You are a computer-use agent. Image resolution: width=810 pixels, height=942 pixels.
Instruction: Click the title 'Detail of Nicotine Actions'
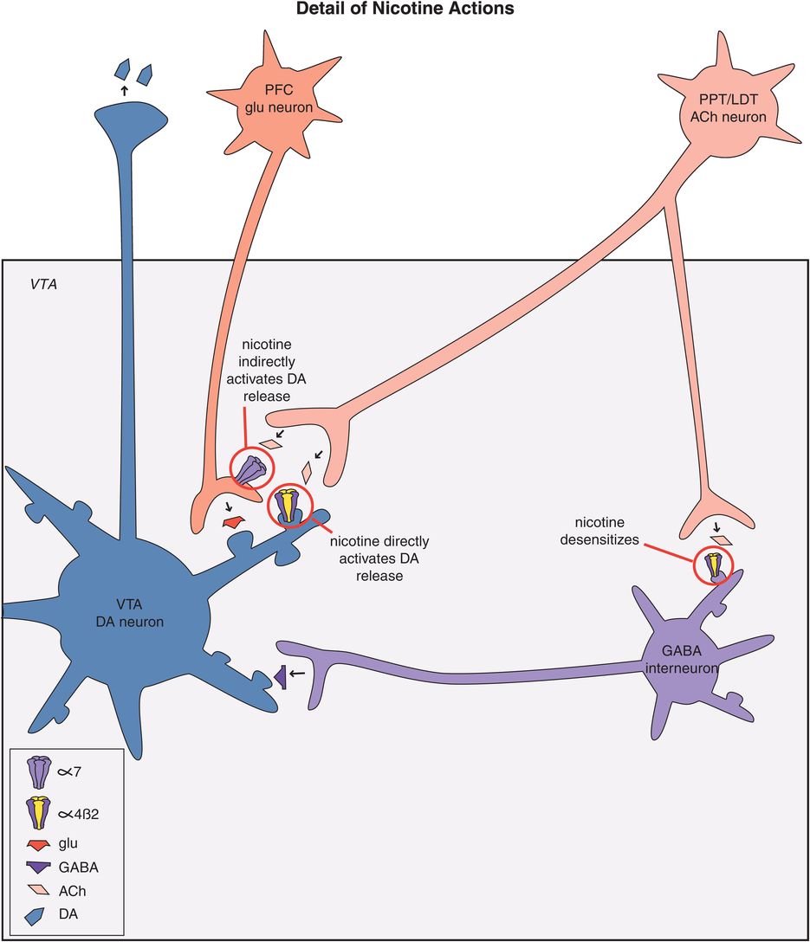(x=405, y=10)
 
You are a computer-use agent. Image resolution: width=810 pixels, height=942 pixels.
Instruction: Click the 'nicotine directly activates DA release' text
(x=379, y=558)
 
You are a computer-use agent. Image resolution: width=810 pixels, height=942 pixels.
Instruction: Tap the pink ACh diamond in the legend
(x=36, y=890)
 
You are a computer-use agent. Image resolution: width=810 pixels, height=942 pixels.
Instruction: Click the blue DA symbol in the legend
(x=36, y=913)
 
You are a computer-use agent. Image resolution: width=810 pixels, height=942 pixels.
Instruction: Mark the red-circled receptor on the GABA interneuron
(x=714, y=565)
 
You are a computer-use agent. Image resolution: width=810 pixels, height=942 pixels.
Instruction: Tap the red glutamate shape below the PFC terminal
(x=232, y=522)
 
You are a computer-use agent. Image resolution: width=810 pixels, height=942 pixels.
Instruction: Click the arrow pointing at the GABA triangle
(x=297, y=673)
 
